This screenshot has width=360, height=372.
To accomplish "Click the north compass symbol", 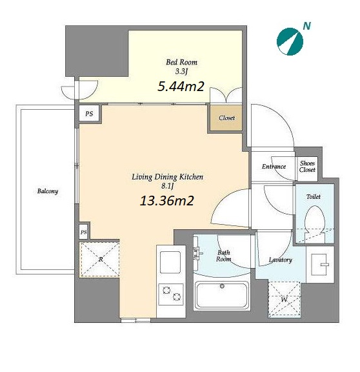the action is pos(290,41).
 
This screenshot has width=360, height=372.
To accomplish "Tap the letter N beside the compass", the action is pos(307,26).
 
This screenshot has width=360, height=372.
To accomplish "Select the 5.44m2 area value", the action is pos(181,87).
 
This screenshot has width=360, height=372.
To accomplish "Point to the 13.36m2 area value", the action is pos(167,200).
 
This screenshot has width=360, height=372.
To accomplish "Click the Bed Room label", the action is pos(181,62).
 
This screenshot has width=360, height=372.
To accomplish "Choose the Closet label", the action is pos(227,118).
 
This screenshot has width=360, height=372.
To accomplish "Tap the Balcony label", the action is pos(48,191).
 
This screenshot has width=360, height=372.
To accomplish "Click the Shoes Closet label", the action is pos(307,167).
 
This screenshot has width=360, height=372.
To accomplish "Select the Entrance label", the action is pos(274,167).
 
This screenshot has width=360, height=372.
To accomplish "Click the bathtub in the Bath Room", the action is pos(222,296).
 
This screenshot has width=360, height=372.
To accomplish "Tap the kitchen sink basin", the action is pos(170,262).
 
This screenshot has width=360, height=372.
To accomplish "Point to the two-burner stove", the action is pos(171,294).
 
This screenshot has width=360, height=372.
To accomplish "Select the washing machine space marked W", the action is pos(284,300).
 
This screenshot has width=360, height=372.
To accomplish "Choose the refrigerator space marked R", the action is pos(100,260).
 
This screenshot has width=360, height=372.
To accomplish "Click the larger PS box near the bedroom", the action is pos(89,114).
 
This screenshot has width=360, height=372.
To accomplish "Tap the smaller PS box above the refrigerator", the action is pos(83,232).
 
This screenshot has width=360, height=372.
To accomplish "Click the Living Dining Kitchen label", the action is pos(167,177).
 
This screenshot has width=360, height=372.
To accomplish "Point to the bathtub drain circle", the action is pos(222,286).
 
